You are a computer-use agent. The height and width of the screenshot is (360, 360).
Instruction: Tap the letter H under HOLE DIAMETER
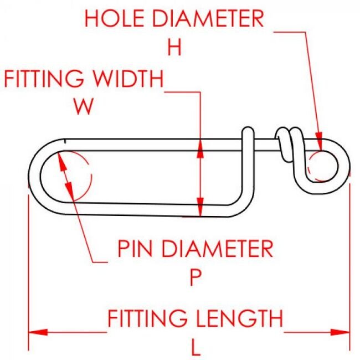coord(174,48)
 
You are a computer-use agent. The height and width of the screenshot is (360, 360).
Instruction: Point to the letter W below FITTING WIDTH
coord(84,107)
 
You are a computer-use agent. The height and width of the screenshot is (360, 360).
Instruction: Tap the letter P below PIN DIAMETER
coord(194,278)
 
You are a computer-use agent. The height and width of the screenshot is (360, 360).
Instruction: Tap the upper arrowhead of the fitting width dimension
coord(201,146)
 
